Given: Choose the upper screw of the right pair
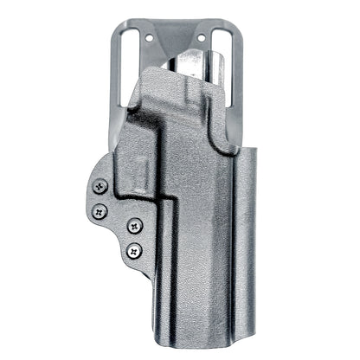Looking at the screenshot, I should pyautogui.click(x=135, y=226).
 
